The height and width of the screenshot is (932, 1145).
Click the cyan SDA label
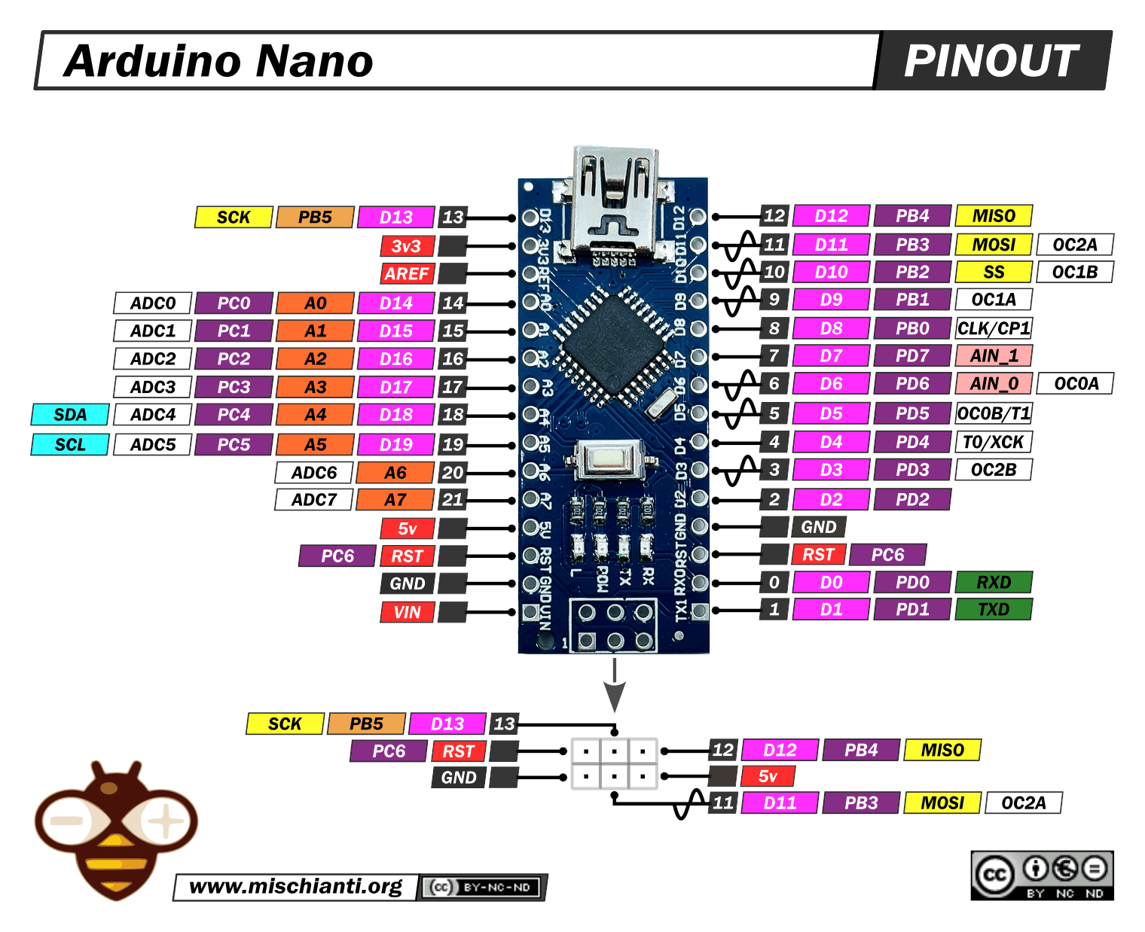click(70, 415)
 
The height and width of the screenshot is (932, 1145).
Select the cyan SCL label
click(70, 445)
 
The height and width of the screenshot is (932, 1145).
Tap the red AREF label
click(407, 274)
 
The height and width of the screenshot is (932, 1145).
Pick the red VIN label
click(407, 612)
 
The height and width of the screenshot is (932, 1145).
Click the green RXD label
click(994, 582)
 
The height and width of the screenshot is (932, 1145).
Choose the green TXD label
click(994, 609)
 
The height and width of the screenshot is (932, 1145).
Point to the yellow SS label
click(994, 272)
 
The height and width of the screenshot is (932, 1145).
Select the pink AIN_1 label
click(994, 355)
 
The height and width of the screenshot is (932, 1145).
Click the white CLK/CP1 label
click(994, 328)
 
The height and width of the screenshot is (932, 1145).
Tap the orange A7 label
click(395, 499)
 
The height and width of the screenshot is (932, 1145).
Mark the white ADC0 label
click(153, 303)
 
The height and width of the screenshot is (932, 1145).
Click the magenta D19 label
click(396, 445)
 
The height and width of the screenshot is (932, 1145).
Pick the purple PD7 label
click(912, 355)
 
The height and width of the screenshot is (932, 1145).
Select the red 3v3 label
click(406, 246)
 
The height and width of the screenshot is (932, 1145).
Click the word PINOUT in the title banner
click(991, 61)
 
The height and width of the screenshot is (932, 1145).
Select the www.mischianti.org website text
click(295, 886)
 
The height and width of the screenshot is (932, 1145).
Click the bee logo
click(115, 828)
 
